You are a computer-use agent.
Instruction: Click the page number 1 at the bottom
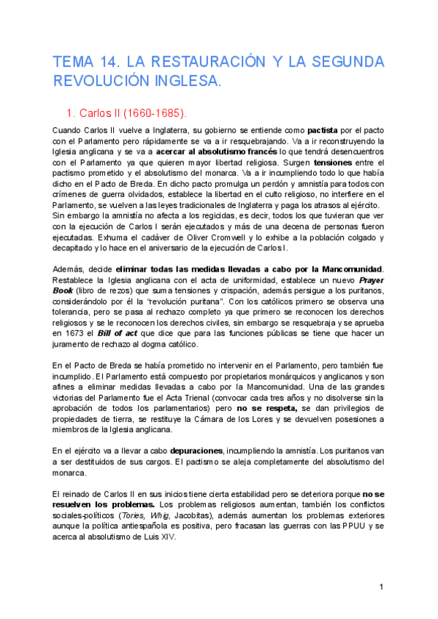[381, 587]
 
